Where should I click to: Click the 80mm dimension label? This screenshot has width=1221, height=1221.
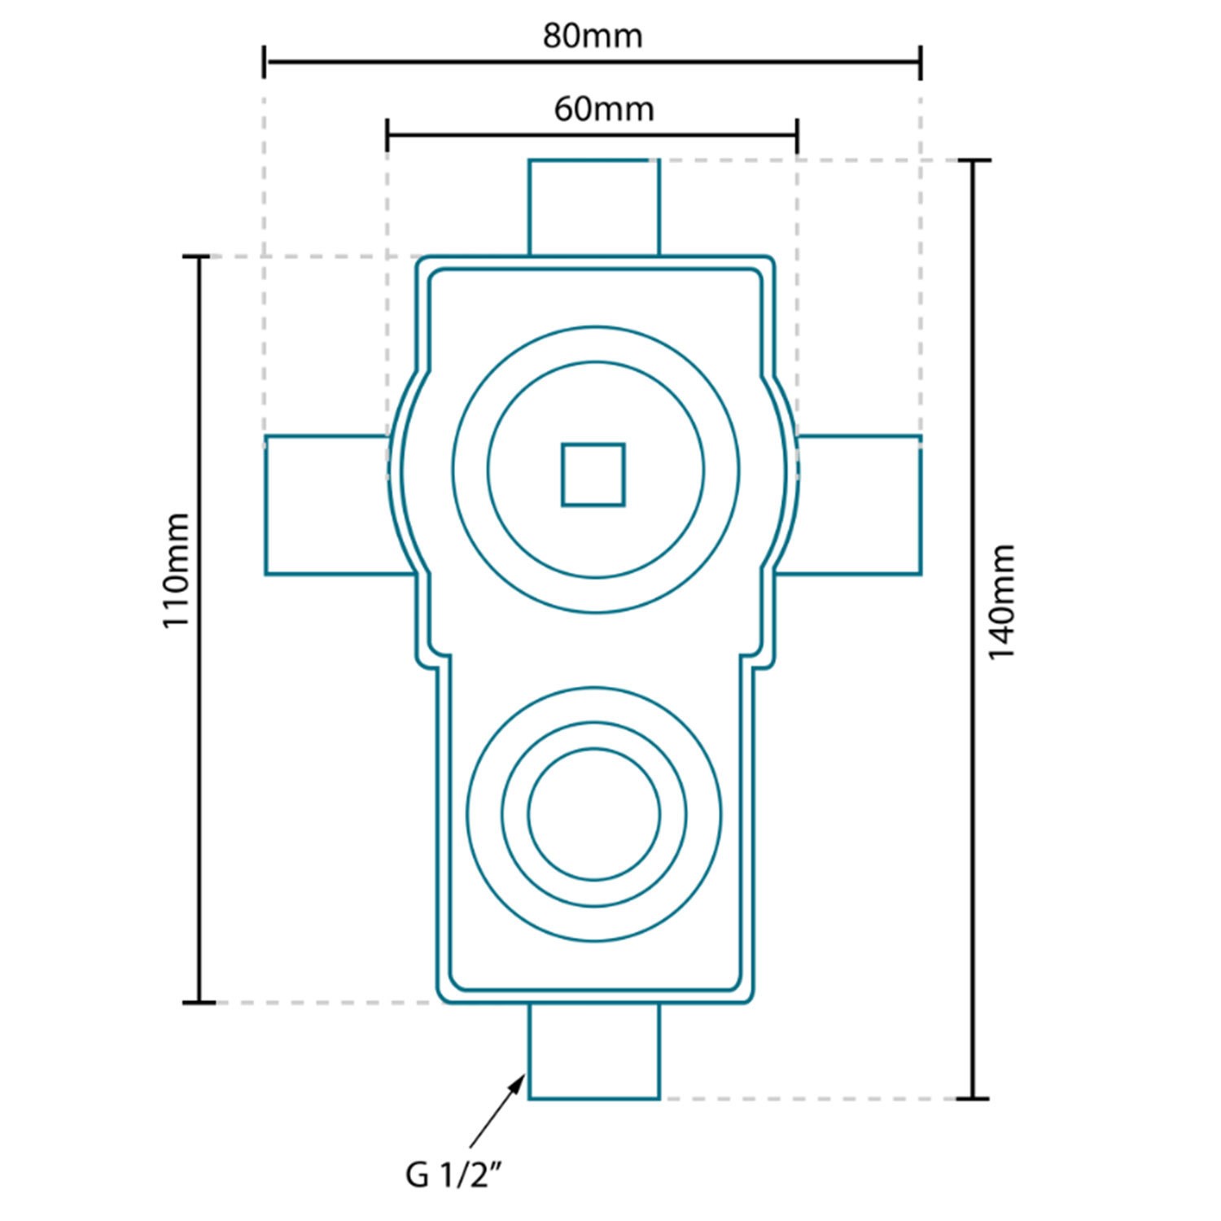pyautogui.click(x=593, y=36)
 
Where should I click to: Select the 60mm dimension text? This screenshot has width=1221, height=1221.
pyautogui.click(x=604, y=108)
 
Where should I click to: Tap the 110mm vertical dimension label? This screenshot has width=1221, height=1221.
pyautogui.click(x=176, y=570)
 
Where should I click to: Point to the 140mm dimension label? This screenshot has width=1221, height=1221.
pyautogui.click(x=1001, y=602)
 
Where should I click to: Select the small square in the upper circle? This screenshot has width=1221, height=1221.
pyautogui.click(x=593, y=475)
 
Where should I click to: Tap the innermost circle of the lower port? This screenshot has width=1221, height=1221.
pyautogui.click(x=594, y=815)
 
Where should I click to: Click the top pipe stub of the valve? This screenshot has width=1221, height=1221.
pyautogui.click(x=594, y=208)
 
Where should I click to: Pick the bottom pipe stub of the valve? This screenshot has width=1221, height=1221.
pyautogui.click(x=594, y=1051)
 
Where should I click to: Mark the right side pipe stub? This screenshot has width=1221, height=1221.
pyautogui.click(x=855, y=505)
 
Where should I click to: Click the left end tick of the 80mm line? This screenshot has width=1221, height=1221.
pyautogui.click(x=265, y=62)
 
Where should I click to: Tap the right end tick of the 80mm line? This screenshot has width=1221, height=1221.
pyautogui.click(x=921, y=62)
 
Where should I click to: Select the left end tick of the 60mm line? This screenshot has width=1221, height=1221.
pyautogui.click(x=387, y=134)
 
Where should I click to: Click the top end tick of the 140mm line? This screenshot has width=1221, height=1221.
pyautogui.click(x=973, y=161)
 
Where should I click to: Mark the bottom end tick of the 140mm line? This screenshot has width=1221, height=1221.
pyautogui.click(x=973, y=1098)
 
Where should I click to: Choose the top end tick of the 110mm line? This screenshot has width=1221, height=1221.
pyautogui.click(x=199, y=256)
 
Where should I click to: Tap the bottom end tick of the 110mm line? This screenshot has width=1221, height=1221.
pyautogui.click(x=199, y=1002)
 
